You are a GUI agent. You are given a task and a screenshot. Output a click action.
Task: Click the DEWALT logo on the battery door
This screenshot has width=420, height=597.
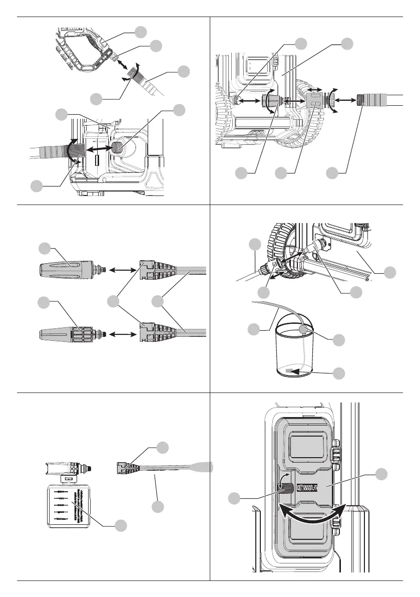(x=307, y=488)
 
